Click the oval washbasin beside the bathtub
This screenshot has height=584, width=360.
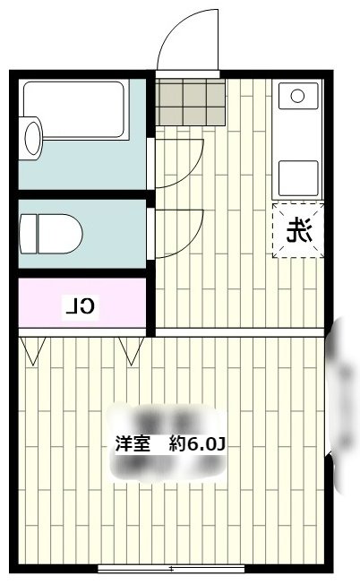(x=31, y=138)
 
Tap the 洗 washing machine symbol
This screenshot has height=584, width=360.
(x=298, y=232)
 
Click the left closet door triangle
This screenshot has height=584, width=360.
(x=32, y=351)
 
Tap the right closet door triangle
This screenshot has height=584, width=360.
(x=132, y=351)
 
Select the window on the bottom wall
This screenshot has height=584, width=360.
(x=170, y=568)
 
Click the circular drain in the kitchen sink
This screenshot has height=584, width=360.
(x=298, y=94)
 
